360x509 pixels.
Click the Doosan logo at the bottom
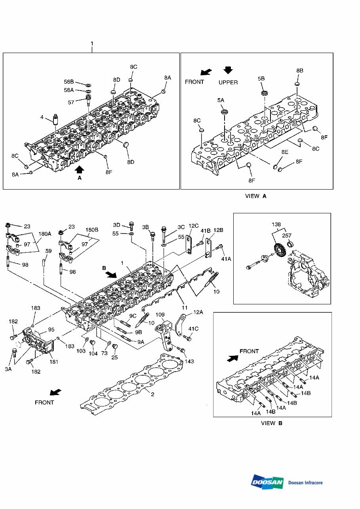[x=267, y=482]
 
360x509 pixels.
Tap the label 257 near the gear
[x=286, y=236]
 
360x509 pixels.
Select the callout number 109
[x=160, y=315]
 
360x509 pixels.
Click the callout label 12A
[x=198, y=313]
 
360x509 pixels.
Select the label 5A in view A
[x=221, y=101]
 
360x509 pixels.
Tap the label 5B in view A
[x=261, y=79]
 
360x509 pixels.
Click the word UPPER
[x=228, y=82]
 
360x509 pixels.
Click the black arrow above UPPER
[x=228, y=70]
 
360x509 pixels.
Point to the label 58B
[x=69, y=82]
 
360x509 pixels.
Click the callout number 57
[x=71, y=102]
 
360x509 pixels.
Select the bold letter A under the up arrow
[x=79, y=179]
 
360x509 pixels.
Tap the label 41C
[x=193, y=329]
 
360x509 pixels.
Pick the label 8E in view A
[x=285, y=152]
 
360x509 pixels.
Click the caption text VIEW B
[x=271, y=423]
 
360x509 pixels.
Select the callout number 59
[x=48, y=251]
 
